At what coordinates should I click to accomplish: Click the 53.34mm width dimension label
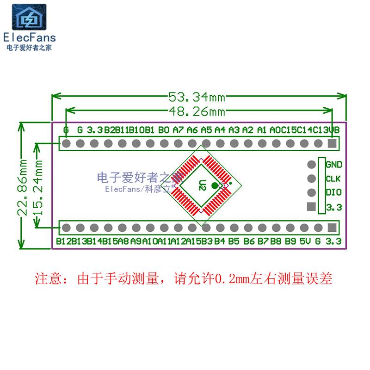coord(196,97)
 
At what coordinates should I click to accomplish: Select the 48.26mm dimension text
coord(196,111)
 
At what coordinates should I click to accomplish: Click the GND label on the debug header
coord(333,165)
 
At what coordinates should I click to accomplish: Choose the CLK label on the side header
coord(333,179)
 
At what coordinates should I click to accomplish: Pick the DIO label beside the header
coord(333,193)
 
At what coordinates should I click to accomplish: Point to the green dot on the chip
coord(214,186)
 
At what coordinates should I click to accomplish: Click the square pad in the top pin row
coord(331,144)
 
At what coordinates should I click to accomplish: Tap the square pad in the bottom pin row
coord(331,228)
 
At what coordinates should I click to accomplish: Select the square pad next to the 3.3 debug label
coord(311,207)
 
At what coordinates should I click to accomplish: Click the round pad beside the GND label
coord(311,165)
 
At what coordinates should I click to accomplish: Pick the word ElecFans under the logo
coord(29,37)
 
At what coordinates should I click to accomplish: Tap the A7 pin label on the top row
coord(178,130)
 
